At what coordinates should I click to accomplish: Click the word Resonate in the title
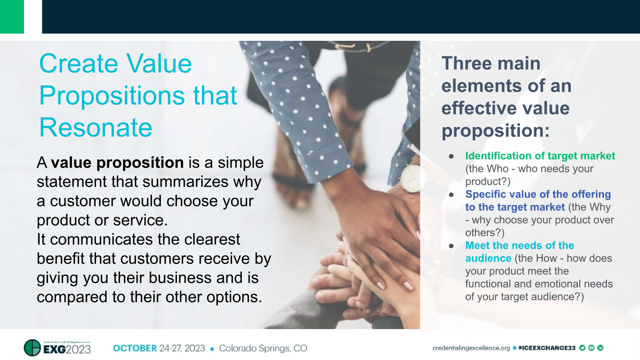[x=96, y=128]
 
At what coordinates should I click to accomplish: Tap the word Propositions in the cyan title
[x=112, y=96]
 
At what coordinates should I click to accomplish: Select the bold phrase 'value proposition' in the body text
[x=117, y=163]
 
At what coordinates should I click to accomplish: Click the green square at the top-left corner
[x=12, y=17]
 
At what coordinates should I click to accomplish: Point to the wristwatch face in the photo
[x=410, y=178]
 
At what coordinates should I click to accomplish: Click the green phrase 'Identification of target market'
[x=540, y=156]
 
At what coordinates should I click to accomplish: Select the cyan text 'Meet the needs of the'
[x=520, y=246]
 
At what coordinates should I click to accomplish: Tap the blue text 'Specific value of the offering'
[x=538, y=194]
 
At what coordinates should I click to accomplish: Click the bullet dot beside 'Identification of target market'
[x=451, y=156]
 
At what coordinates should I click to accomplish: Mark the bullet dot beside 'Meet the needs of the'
[x=451, y=246]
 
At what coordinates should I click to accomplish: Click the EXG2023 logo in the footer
[x=58, y=348]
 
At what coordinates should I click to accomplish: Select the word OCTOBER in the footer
[x=135, y=348]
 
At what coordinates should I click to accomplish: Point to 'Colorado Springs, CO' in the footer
[x=263, y=348]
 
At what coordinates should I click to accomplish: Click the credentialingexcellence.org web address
[x=471, y=348]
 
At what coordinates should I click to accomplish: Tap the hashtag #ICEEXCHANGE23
[x=547, y=348]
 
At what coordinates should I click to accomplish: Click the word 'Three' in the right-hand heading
[x=466, y=64]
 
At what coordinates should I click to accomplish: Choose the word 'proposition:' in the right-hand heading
[x=496, y=131]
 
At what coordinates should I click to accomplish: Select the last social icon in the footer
[x=600, y=348]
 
